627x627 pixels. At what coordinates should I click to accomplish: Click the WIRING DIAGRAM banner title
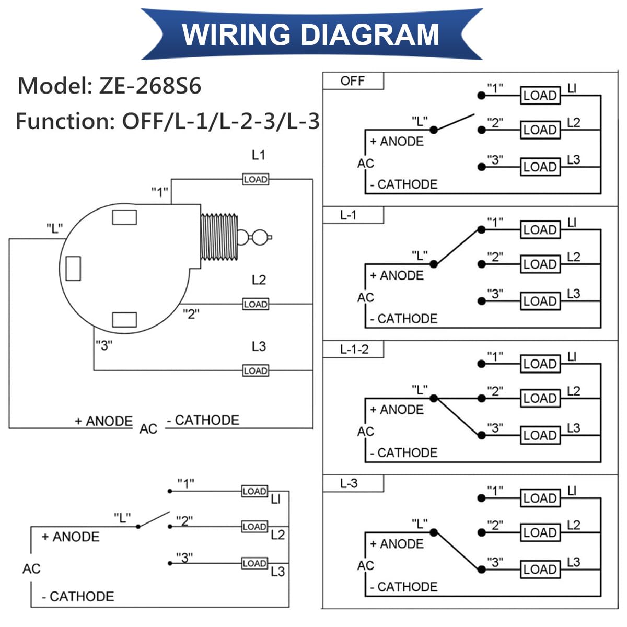pyautogui.click(x=310, y=34)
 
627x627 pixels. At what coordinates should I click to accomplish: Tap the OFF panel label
pyautogui.click(x=353, y=81)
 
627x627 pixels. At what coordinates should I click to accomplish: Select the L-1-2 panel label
pyautogui.click(x=354, y=350)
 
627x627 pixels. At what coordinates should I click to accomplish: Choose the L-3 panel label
pyautogui.click(x=349, y=483)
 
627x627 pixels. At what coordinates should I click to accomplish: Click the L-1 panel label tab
pyautogui.click(x=348, y=215)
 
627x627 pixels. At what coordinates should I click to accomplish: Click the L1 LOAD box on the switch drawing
pyautogui.click(x=256, y=179)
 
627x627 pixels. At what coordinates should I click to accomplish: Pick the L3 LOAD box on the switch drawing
pyautogui.click(x=256, y=370)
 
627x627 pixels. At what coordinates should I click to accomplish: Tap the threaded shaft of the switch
pyautogui.click(x=219, y=237)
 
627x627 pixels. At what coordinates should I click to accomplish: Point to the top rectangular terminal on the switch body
pyautogui.click(x=124, y=217)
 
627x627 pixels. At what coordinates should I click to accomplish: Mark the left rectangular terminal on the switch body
pyautogui.click(x=73, y=269)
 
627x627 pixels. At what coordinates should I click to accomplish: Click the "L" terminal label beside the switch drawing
pyautogui.click(x=54, y=228)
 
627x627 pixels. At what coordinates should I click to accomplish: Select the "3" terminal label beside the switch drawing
pyautogui.click(x=104, y=345)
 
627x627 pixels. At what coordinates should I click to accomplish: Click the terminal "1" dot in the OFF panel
pyautogui.click(x=481, y=96)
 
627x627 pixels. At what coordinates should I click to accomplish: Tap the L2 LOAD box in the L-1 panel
pyautogui.click(x=540, y=264)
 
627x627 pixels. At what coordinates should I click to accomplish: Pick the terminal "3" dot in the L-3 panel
pyautogui.click(x=481, y=569)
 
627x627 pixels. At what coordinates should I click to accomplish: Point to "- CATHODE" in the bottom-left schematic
pyautogui.click(x=78, y=596)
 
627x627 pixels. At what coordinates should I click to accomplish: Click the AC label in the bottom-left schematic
pyautogui.click(x=31, y=568)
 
